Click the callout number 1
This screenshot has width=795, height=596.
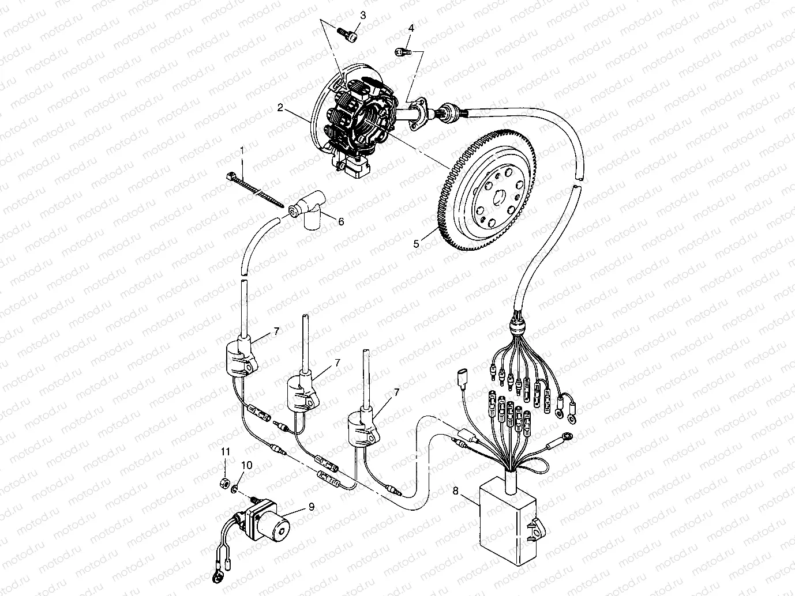[x=242, y=150]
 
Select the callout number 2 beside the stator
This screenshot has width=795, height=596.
[x=279, y=108]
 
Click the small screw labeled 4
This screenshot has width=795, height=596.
[x=402, y=52]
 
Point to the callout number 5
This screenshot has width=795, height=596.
[x=416, y=244]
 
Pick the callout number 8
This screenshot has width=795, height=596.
[x=455, y=491]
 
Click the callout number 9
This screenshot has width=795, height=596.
[x=311, y=507]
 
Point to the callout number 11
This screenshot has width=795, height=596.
[x=226, y=452]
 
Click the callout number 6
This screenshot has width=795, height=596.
[x=341, y=221]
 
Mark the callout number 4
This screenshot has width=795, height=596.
[x=411, y=28]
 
